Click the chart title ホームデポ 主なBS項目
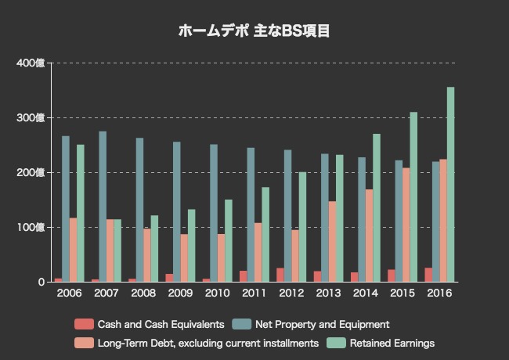tap(254, 31)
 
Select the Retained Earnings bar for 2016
tap(450, 185)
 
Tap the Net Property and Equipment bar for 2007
tap(103, 207)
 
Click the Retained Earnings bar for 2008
tap(154, 249)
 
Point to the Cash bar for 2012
tap(280, 275)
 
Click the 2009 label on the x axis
tap(180, 293)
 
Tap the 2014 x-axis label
tap(366, 293)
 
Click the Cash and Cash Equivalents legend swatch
tap(84, 324)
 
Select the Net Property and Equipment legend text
tap(322, 324)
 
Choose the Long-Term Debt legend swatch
tap(84, 343)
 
